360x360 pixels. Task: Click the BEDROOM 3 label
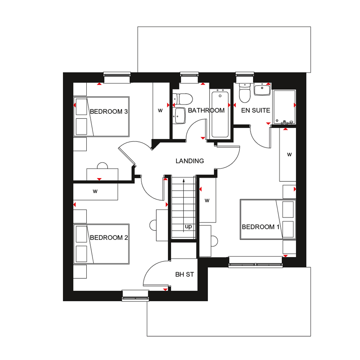(x=109, y=112)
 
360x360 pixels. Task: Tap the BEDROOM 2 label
(x=109, y=238)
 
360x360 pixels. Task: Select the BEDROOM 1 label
(x=261, y=227)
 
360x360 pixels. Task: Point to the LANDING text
(x=190, y=161)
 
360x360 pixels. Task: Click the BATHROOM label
(x=206, y=111)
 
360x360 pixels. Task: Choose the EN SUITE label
(x=256, y=111)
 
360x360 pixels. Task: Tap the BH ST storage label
(x=185, y=274)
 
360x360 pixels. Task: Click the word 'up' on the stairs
(x=188, y=226)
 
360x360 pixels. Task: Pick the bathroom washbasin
(x=180, y=116)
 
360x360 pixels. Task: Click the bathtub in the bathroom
(x=220, y=114)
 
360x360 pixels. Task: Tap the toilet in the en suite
(x=244, y=93)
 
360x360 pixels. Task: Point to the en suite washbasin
(x=262, y=90)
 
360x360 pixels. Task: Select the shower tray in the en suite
(x=284, y=107)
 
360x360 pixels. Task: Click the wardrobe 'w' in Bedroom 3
(x=160, y=111)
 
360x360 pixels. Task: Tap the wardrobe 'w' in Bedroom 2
(x=95, y=191)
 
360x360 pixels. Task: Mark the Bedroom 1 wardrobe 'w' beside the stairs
(x=207, y=201)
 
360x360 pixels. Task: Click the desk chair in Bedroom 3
(x=102, y=166)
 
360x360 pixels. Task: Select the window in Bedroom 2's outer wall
(x=135, y=296)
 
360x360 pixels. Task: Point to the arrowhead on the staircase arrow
(x=184, y=181)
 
